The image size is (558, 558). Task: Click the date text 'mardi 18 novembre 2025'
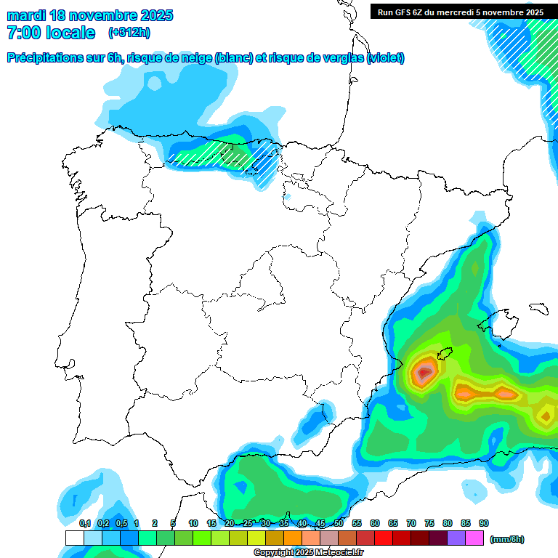click(90, 15)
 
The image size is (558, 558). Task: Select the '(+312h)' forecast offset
click(129, 33)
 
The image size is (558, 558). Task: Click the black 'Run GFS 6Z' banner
click(461, 12)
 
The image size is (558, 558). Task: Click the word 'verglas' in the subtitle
click(341, 58)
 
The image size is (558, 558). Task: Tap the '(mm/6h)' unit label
click(506, 539)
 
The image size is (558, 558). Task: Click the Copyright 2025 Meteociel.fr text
click(308, 553)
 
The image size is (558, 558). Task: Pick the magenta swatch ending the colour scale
click(474, 538)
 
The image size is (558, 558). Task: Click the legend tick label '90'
click(484, 523)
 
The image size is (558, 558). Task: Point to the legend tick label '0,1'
click(84, 523)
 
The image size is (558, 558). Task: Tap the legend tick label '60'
click(375, 523)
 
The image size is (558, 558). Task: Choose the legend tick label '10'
click(193, 523)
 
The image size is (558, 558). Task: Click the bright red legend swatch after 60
click(384, 538)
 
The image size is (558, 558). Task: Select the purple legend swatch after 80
click(456, 538)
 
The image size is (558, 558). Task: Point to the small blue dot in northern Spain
click(288, 196)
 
